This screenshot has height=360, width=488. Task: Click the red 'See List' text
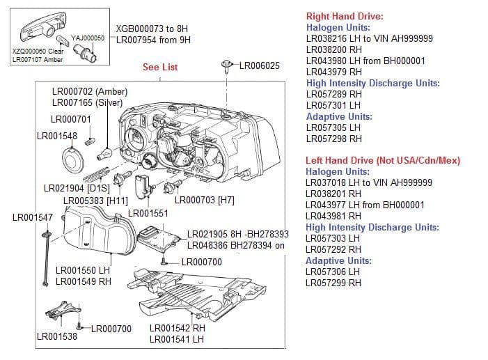(160, 67)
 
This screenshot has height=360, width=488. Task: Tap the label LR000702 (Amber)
(90, 92)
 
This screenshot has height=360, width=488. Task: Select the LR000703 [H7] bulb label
(204, 201)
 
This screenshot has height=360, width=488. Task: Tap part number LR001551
(148, 212)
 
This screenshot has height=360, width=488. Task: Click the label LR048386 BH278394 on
(236, 246)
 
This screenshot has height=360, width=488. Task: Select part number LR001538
(56, 337)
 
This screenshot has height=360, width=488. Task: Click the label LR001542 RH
(178, 328)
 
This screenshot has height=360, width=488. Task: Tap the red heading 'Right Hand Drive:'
(345, 16)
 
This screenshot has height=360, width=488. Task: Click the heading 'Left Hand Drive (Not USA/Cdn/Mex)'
(383, 160)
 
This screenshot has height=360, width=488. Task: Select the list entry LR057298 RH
(333, 139)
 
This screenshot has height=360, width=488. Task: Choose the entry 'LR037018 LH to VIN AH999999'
(369, 182)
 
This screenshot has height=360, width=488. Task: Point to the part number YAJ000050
(88, 38)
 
